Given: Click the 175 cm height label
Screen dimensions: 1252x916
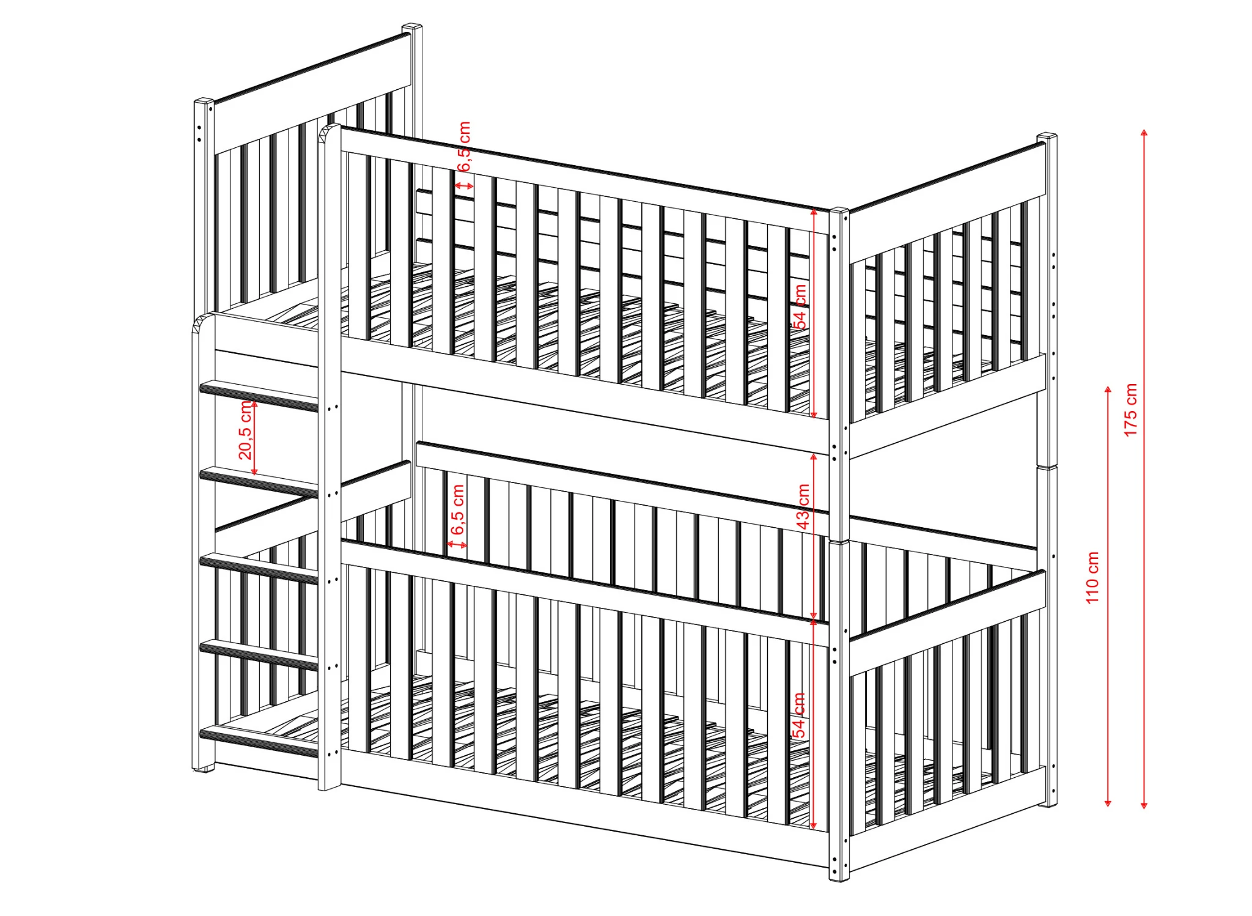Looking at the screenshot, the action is coord(1130,410).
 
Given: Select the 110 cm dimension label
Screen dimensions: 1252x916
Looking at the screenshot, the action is coord(1092,578).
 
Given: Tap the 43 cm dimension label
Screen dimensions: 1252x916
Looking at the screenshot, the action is coord(803,507).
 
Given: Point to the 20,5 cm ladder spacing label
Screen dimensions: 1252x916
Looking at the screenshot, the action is coord(245,430).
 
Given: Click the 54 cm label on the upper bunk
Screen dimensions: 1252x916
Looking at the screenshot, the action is coord(800,306).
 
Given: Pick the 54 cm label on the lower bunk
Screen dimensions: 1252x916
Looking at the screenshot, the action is coord(798,715).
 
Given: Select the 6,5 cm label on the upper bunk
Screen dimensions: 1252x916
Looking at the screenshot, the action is coord(464,146).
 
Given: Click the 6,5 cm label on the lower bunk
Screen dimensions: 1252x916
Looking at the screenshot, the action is coord(457,509).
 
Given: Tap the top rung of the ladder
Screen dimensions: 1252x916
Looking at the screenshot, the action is coord(259,395).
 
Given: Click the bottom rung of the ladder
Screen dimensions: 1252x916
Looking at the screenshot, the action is coord(259,741).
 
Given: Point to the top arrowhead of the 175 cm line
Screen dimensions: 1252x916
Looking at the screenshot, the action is coord(1144,133).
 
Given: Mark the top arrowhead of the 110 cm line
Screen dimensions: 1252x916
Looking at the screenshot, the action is coord(1108,389).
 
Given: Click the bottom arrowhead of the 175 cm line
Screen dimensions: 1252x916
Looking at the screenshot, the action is coord(1144,805).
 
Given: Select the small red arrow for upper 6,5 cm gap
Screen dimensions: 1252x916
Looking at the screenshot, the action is coord(464,185).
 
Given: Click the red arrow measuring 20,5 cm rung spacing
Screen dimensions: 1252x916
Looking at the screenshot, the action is coord(254,438).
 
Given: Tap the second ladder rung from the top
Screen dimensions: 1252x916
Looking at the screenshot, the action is coord(259,482).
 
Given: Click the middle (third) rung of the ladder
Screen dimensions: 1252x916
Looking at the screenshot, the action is coord(259,568).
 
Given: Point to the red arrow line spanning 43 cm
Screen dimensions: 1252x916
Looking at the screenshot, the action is coord(814,537).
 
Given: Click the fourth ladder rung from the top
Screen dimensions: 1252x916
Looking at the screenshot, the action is coord(259,655).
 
